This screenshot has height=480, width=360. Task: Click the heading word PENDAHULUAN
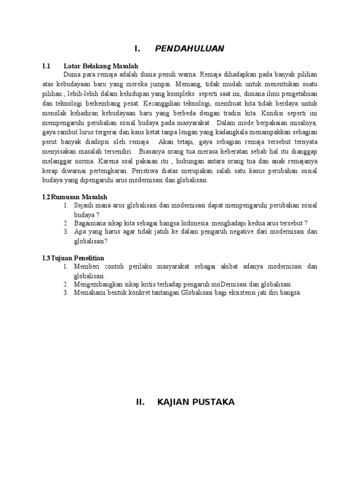point(189,48)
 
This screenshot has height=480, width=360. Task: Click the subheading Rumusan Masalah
point(82,197)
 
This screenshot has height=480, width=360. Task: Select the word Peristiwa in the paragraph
point(149,172)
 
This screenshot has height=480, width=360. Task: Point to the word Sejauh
point(84,205)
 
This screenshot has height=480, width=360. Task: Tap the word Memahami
point(89,293)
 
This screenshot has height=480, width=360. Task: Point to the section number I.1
point(46,66)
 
